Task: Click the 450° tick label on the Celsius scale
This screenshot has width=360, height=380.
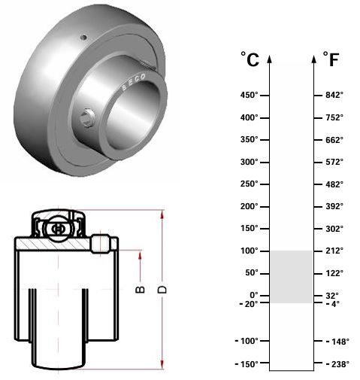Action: click(x=249, y=96)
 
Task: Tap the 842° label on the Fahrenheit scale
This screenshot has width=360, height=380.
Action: click(x=334, y=95)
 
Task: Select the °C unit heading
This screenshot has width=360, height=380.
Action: click(x=250, y=59)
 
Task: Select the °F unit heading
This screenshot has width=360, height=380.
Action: click(x=331, y=59)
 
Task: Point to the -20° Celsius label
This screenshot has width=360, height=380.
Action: click(x=249, y=304)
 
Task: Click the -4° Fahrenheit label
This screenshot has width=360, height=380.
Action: click(x=333, y=304)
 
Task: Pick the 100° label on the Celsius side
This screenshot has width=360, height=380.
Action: click(x=249, y=251)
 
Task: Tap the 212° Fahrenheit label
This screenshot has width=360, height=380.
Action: click(x=334, y=251)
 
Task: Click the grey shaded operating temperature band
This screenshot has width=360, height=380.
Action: click(x=292, y=277)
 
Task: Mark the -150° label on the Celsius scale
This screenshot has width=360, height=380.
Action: click(x=247, y=364)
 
